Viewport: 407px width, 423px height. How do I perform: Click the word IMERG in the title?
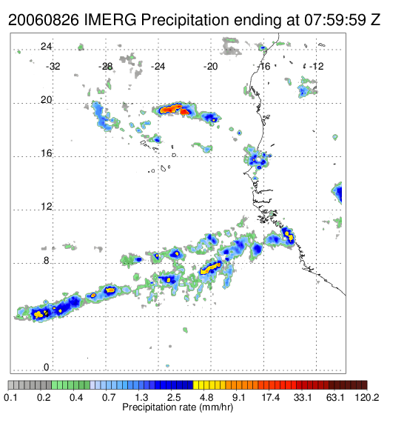[110, 20]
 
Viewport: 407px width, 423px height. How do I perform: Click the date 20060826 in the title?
[44, 20]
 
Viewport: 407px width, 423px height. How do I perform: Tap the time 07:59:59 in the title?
[335, 20]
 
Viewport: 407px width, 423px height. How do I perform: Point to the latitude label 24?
[46, 47]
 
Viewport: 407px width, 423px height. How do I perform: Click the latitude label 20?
[46, 100]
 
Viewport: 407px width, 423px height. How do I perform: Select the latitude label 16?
[46, 153]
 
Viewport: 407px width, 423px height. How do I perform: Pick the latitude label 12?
[46, 207]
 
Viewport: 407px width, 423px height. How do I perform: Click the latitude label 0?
[47, 367]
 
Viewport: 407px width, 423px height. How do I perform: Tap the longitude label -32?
[53, 67]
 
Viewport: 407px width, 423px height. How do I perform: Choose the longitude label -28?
[105, 67]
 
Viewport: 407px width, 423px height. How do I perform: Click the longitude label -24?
[158, 67]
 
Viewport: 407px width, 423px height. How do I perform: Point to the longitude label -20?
[210, 67]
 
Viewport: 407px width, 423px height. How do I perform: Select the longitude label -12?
[316, 67]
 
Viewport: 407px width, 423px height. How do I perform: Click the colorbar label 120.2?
[367, 397]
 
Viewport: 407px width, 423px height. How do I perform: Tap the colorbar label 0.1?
[11, 397]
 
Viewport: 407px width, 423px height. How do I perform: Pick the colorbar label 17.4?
[271, 397]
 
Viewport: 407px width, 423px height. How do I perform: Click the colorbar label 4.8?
[206, 397]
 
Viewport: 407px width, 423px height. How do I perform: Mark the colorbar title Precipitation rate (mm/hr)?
[178, 407]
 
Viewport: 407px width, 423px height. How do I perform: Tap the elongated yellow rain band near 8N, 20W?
[211, 268]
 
